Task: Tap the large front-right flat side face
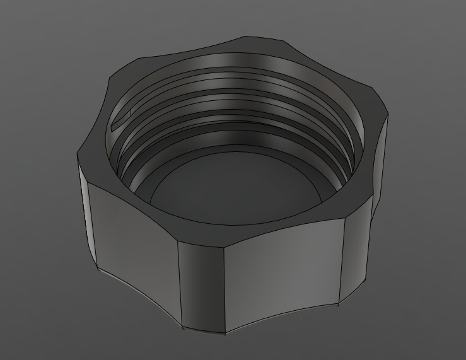point(284,271)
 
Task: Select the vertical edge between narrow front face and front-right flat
point(225,284)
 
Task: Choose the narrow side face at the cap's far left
point(84,208)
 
